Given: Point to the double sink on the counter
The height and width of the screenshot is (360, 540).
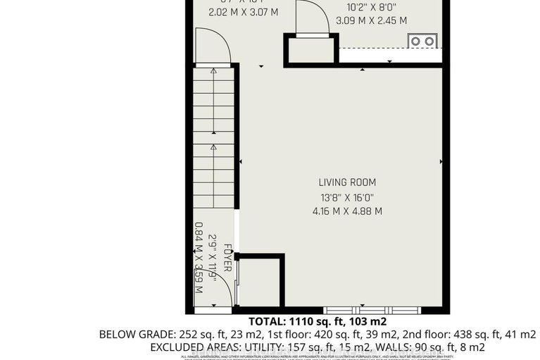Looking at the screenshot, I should coord(422,42).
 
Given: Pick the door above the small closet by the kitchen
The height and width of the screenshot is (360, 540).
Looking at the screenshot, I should coord(310,18).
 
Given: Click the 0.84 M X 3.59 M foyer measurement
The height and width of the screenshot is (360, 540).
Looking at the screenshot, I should coord(198,258).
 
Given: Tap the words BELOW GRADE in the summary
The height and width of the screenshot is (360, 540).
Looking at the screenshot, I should coord(131,334).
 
